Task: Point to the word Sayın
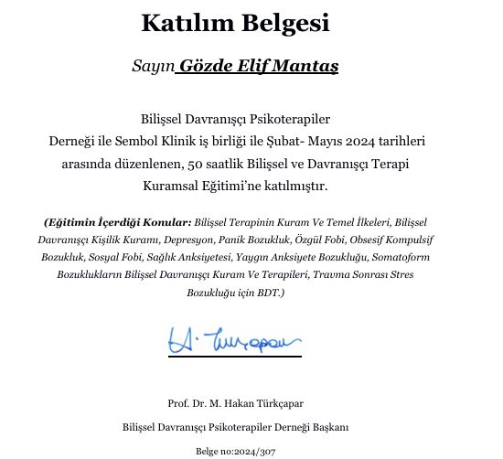click(x=153, y=68)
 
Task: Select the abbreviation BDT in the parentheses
click(x=271, y=293)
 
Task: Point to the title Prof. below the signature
click(x=178, y=403)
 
